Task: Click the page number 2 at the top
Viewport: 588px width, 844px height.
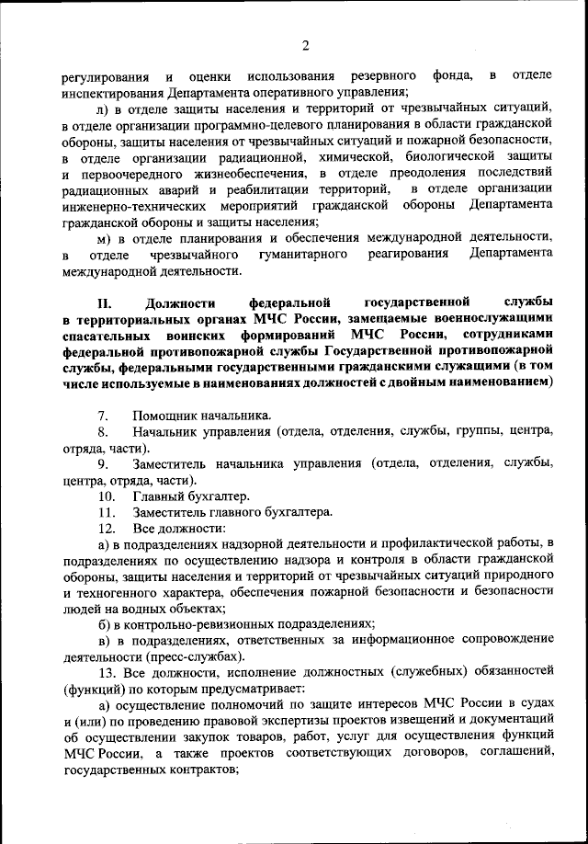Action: pos(305,46)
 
